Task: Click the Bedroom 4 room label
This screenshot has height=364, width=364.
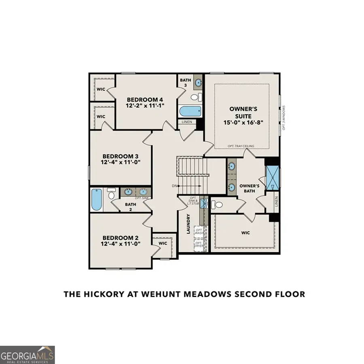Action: [x=145, y=99]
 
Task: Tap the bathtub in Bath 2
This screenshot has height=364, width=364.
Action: [x=97, y=200]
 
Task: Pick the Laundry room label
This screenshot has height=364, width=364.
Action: [x=188, y=224]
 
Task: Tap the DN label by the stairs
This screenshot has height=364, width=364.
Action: [x=174, y=186]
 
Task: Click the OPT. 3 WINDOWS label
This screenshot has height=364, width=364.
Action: [x=284, y=117]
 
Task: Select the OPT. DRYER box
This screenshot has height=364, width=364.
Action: [x=199, y=245]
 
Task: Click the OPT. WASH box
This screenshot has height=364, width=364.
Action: [x=199, y=232]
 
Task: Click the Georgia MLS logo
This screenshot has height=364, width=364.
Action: [x=27, y=355]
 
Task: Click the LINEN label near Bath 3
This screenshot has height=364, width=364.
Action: [x=187, y=122]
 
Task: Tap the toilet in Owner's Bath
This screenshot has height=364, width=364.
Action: [x=219, y=205]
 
